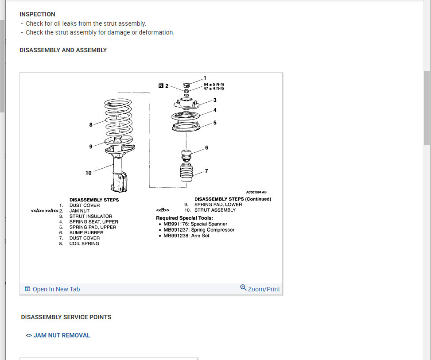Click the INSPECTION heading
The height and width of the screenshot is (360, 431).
37,14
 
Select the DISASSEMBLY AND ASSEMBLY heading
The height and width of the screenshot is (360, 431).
63,50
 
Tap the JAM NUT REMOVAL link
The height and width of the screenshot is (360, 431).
62,335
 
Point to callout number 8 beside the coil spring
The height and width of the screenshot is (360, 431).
91,125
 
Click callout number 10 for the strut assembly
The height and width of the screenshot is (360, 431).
89,173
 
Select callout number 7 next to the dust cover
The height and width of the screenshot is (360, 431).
206,171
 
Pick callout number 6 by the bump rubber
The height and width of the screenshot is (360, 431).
206,147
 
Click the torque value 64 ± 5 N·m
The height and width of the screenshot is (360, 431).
214,84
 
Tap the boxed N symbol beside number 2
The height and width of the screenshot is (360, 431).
161,85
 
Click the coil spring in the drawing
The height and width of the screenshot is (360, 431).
118,117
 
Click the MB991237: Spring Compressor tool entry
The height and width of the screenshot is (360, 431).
199,230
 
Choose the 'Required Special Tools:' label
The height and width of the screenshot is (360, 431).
184,218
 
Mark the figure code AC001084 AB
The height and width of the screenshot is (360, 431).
256,193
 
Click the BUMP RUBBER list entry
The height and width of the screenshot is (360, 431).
86,232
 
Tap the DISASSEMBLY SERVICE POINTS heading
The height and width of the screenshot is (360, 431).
66,317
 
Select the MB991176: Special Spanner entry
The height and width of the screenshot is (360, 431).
195,224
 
